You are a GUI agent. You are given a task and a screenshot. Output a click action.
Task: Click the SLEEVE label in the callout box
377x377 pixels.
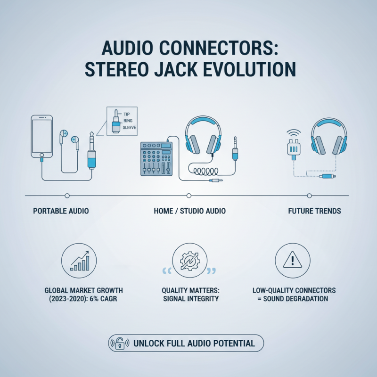pos(131,127)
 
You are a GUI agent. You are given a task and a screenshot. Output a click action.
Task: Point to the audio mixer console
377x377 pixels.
pos(156,158)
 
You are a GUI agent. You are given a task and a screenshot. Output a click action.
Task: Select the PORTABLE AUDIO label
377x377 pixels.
pos(61,211)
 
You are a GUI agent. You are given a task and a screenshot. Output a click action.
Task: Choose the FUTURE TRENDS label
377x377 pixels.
pos(314,211)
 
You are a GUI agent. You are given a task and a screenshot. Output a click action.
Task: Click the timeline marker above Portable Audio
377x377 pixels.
pos(67,195)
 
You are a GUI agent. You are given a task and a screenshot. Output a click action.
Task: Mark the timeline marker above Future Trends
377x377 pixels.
pos(310,195)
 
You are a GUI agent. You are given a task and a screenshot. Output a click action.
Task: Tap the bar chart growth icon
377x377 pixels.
pos(79,261)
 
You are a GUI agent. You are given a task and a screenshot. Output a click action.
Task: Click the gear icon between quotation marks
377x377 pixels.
pos(188,262)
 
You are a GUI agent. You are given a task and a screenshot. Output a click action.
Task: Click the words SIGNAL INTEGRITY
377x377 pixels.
pos(189,299)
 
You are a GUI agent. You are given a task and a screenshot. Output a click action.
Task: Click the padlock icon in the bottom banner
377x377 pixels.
pos(120,343)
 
